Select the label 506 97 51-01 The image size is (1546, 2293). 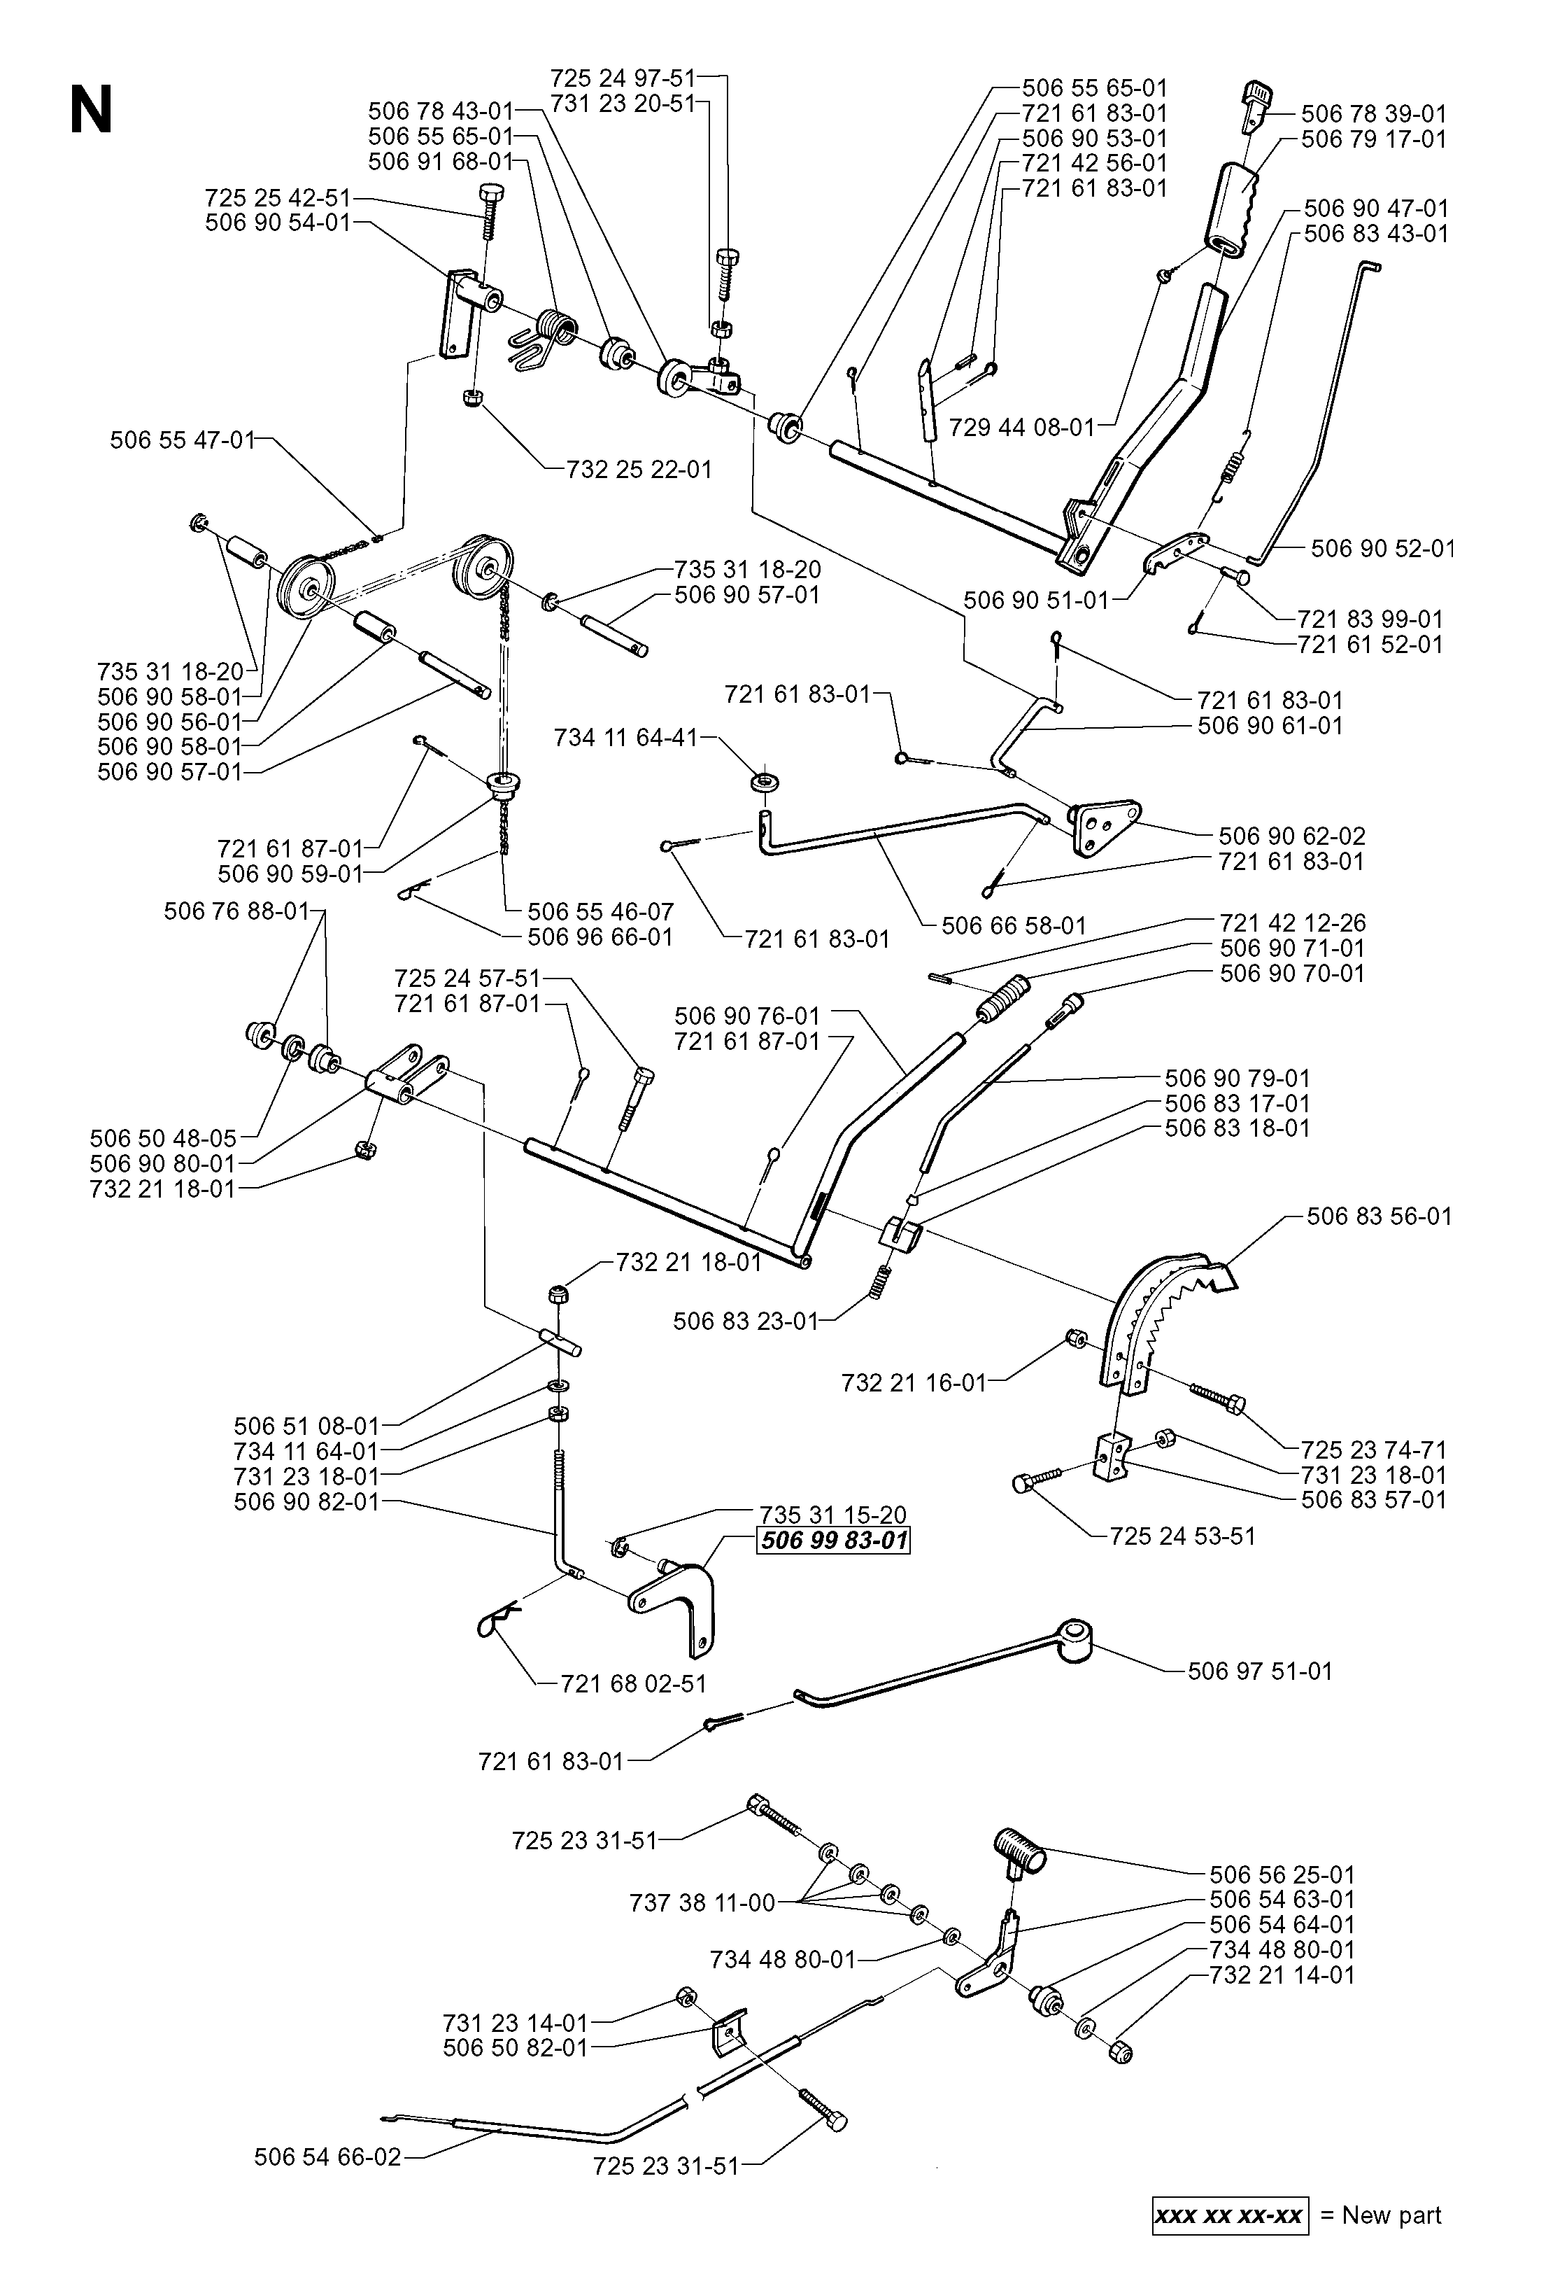[x=1260, y=1671]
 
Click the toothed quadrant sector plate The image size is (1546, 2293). [x=1163, y=1321]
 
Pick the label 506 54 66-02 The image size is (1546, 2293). [x=327, y=2157]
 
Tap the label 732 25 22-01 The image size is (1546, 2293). [x=639, y=470]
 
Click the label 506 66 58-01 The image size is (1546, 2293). [x=1014, y=925]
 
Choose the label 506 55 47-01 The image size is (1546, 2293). [x=183, y=440]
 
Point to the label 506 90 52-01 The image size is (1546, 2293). [x=1382, y=548]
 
